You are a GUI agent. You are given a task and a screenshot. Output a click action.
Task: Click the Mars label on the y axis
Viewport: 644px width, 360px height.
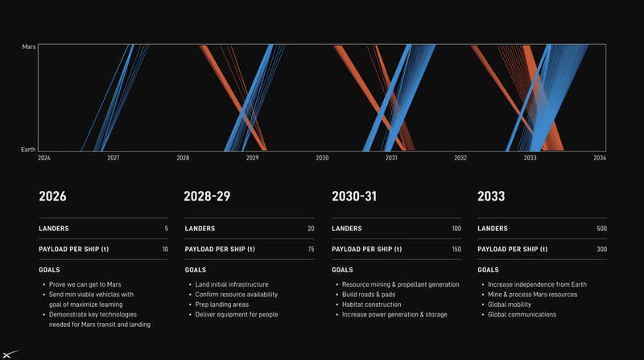[x=29, y=47]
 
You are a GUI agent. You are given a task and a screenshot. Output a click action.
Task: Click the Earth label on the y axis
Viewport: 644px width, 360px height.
[x=28, y=150]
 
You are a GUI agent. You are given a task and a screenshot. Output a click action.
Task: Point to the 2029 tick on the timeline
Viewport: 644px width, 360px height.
[x=252, y=158]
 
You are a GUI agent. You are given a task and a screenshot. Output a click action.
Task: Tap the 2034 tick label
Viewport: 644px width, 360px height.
[x=600, y=158]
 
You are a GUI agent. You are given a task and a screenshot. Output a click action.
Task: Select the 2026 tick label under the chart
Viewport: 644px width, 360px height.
[x=44, y=158]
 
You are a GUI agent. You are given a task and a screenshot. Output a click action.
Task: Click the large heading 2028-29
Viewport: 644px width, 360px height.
[x=207, y=197]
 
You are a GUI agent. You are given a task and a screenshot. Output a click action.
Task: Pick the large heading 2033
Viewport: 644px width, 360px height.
[x=491, y=197]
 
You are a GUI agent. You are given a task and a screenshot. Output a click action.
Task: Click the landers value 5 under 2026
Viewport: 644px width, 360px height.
[x=167, y=229]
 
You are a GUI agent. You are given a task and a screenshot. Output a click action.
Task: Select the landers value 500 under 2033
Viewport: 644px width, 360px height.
[x=601, y=229]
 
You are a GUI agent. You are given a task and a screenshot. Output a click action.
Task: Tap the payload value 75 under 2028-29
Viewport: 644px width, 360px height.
[x=311, y=249]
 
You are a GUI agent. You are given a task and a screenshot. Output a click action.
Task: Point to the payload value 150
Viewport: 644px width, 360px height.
[x=456, y=249]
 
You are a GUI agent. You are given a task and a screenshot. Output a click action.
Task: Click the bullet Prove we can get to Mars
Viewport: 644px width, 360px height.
[x=85, y=284]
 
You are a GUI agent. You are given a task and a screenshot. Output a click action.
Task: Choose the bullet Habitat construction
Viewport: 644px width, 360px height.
[x=372, y=304]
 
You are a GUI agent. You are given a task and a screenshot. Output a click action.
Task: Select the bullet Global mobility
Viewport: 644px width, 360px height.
[x=510, y=304]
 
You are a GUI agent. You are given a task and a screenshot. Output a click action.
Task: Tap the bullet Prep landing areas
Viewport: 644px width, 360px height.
[x=222, y=304]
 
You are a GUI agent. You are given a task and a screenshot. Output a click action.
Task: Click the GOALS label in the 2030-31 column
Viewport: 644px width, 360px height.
[x=342, y=270]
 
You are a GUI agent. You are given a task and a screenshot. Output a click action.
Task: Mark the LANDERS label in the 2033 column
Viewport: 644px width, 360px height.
[x=493, y=229]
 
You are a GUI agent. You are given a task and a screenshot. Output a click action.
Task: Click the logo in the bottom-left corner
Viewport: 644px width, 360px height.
[x=9, y=354]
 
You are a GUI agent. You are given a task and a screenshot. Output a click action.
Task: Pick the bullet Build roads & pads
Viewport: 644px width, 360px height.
[x=369, y=295]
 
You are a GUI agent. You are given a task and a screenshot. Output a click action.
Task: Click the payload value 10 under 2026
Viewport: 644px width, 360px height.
[x=165, y=249]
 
